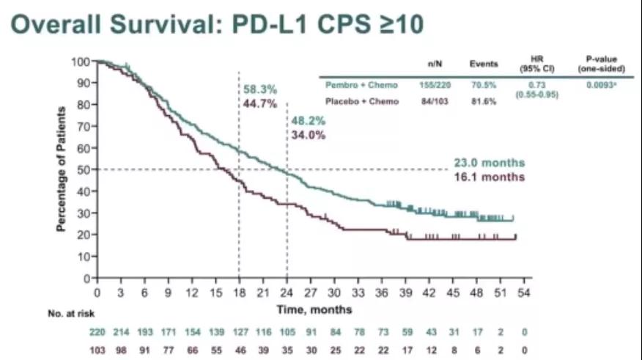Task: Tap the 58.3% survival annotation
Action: (x=260, y=90)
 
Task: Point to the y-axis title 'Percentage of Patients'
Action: (x=63, y=169)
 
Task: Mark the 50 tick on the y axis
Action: (x=85, y=169)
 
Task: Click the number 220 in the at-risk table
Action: (x=97, y=331)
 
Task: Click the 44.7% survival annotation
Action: (x=260, y=104)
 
